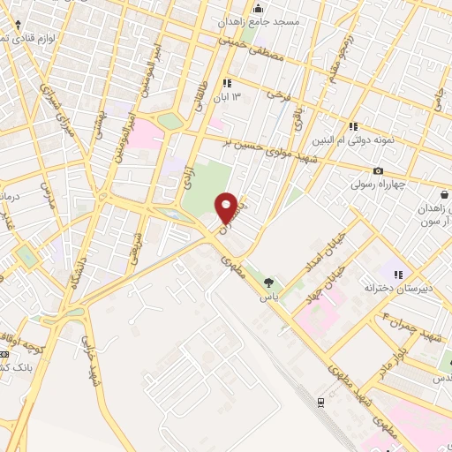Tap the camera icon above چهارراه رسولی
point(379,170)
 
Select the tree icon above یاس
point(267,282)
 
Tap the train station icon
point(320,402)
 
